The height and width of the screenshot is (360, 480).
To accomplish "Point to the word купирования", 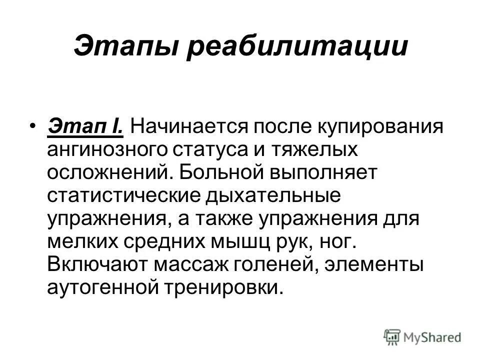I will pyautogui.click(x=381, y=126).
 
